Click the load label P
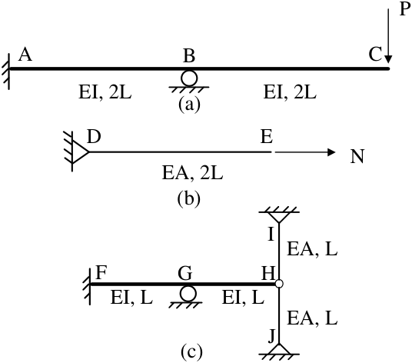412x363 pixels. coord(405,9)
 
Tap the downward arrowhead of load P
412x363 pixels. coord(388,59)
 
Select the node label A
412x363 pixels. coord(25,55)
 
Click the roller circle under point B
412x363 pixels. coord(189,78)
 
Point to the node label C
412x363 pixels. coord(375,55)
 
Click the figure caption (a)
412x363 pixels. coord(189,105)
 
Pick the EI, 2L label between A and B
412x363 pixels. coord(105,92)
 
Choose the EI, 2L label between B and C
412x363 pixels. coord(290,92)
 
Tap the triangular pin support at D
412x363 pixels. coord(80,152)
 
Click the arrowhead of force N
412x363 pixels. coord(331,152)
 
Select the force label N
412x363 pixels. coord(357,156)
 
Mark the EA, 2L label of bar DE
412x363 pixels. coord(193,173)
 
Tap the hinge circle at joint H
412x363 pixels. coord(279,284)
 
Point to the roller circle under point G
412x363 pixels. coord(188,294)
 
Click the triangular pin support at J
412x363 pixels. coord(279,348)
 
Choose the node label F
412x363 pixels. coord(101,272)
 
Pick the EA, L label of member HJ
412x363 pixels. coord(312,318)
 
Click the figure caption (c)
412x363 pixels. coord(191,351)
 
